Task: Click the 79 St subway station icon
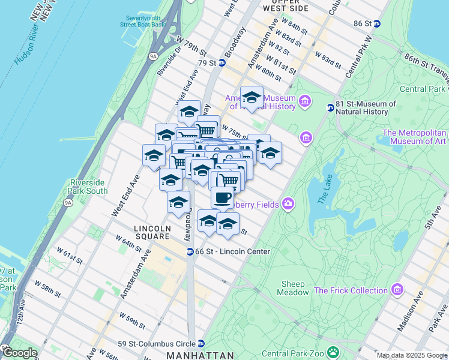(x=222, y=63)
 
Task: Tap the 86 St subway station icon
(x=377, y=23)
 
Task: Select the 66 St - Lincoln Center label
(x=224, y=251)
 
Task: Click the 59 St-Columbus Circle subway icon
(x=201, y=344)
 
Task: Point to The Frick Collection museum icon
(x=396, y=290)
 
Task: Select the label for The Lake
(x=324, y=189)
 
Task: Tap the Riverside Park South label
(x=89, y=187)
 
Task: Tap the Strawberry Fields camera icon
(x=288, y=205)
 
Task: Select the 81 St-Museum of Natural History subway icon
(x=330, y=108)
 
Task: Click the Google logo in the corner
(x=19, y=353)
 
